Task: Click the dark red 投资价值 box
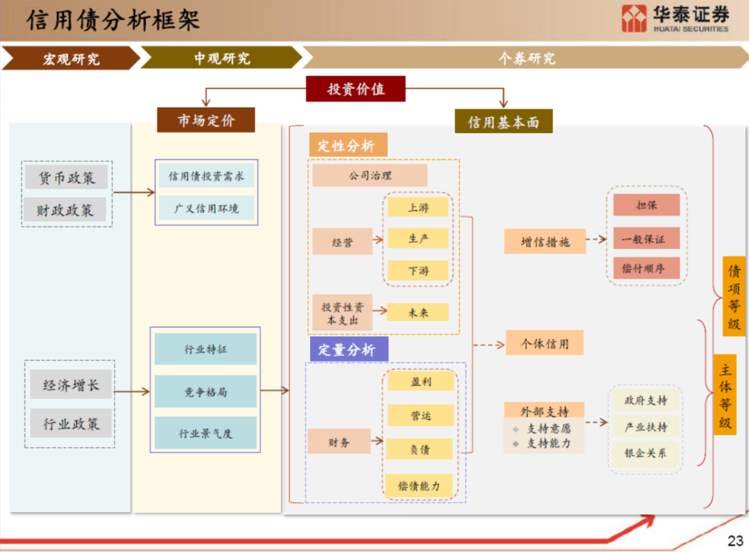[x=355, y=89]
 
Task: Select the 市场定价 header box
[x=206, y=120]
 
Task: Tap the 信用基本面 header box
[x=503, y=122]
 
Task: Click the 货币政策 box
[x=67, y=178]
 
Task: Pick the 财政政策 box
[x=65, y=209]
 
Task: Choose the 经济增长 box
[x=71, y=384]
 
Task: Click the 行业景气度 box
[x=205, y=433]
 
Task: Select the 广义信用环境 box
[x=207, y=208]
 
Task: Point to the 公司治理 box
[x=370, y=175]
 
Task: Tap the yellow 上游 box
[x=418, y=207]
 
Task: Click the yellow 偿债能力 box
[x=419, y=486]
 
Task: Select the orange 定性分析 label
[x=347, y=145]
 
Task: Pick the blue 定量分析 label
[x=349, y=350]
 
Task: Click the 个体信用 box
[x=544, y=343]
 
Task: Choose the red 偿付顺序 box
[x=646, y=268]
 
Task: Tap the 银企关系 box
[x=646, y=453]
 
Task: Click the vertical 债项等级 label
[x=734, y=297]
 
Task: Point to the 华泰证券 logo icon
[x=634, y=18]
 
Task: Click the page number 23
[x=735, y=540]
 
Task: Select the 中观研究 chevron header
[x=222, y=58]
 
